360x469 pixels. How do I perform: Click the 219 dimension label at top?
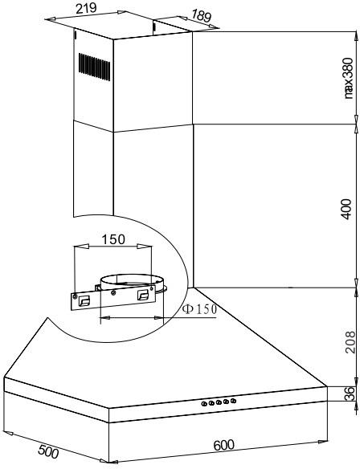(86, 8)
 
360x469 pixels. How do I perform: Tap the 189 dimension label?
(201, 15)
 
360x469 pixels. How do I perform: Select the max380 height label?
(348, 79)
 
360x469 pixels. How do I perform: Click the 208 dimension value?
(350, 342)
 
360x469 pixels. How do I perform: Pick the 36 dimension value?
(350, 394)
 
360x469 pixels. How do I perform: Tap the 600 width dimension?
(224, 445)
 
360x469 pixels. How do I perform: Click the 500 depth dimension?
(48, 451)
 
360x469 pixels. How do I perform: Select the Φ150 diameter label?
(199, 309)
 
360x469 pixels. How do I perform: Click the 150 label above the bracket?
(113, 239)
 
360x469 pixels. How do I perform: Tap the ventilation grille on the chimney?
(94, 67)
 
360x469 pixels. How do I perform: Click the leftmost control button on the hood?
(204, 404)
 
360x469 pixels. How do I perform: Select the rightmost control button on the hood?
(233, 401)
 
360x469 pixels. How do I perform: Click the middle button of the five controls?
(219, 402)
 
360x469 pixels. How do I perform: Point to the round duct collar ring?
(132, 281)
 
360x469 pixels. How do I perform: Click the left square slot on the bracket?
(84, 301)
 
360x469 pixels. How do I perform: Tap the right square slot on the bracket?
(143, 295)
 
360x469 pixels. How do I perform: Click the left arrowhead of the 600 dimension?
(113, 462)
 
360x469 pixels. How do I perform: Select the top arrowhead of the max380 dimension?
(356, 36)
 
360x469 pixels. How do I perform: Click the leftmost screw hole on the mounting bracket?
(75, 296)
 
